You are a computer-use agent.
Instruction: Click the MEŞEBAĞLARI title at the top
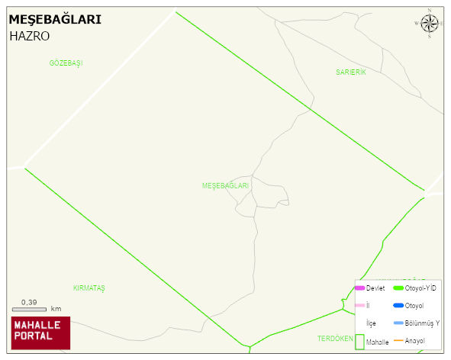pos(54,20)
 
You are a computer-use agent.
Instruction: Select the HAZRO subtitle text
pos(30,36)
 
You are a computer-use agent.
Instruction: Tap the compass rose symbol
pos(430,24)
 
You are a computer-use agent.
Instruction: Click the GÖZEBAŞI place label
pos(66,63)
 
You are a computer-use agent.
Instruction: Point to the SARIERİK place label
pos(351,72)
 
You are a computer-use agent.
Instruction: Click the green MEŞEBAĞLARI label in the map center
pos(225,186)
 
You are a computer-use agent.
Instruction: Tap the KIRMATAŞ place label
pos(89,288)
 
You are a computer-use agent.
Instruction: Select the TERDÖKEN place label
pos(335,338)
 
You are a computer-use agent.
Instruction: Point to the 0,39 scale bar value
pos(30,303)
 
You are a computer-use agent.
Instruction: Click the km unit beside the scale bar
pos(56,310)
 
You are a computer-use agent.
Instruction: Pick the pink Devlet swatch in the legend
pos(359,288)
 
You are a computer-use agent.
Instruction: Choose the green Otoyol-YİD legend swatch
pos(398,288)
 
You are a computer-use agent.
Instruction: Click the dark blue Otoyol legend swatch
pos(398,306)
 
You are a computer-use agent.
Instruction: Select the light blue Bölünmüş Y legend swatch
pos(398,323)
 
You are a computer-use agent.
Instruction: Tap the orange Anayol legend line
pos(398,340)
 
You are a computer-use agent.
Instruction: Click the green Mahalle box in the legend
pos(359,342)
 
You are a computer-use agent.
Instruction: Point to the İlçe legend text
pos(371,323)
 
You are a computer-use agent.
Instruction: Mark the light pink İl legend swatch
pos(359,306)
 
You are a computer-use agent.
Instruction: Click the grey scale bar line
pos(30,310)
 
